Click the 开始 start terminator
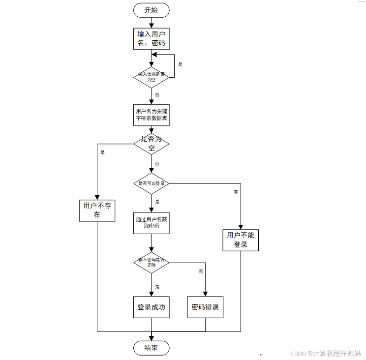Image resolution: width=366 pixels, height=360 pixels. click(151, 10)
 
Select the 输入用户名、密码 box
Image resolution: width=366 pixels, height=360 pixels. click(151, 38)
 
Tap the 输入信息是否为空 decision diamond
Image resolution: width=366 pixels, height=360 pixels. click(151, 76)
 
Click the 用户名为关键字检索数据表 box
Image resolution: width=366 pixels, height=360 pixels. click(151, 115)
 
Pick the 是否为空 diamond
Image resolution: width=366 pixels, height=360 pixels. click(151, 143)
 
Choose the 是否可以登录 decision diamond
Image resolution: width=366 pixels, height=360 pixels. click(151, 183)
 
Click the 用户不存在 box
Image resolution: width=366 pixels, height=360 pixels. click(97, 210)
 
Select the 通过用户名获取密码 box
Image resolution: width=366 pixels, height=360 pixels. click(151, 223)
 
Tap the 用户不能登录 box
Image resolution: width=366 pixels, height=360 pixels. click(241, 240)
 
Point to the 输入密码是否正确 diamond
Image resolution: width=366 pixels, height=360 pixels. click(151, 262)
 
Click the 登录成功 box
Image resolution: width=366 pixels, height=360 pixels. click(151, 307)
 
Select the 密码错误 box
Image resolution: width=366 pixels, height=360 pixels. click(205, 307)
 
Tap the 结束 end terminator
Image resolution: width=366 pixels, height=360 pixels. click(151, 348)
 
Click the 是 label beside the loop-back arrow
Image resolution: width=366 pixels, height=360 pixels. click(180, 64)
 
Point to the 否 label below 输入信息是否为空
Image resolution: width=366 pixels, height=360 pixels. click(157, 94)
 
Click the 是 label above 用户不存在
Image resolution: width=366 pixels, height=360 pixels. click(102, 152)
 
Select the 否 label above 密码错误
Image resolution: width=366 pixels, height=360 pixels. click(201, 271)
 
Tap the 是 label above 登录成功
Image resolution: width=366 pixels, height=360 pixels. click(157, 286)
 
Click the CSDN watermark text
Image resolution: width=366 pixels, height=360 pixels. click(325, 353)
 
